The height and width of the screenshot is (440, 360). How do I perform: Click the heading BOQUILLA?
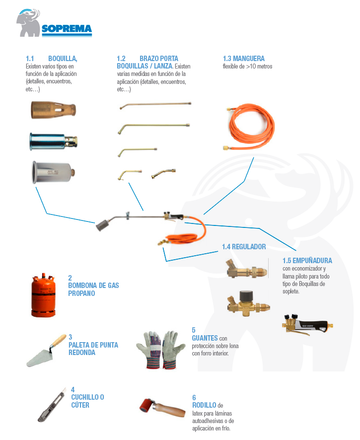click(x=63, y=59)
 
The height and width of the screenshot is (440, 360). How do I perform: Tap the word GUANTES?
click(x=208, y=338)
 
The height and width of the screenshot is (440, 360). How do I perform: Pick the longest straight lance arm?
click(x=155, y=103)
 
